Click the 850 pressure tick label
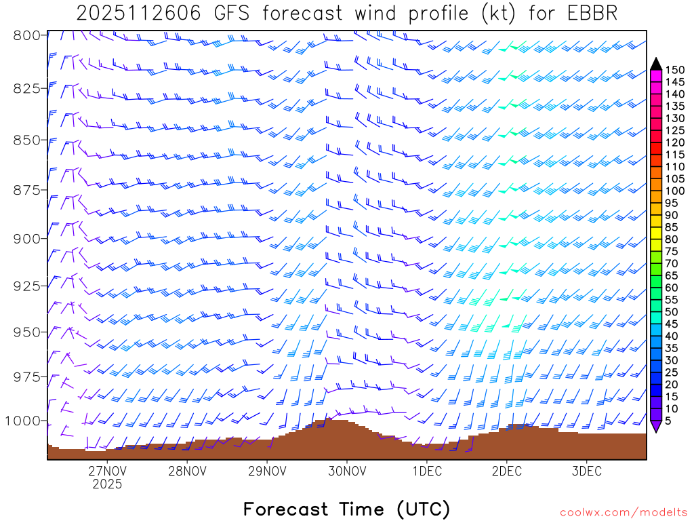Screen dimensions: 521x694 pos(28,140)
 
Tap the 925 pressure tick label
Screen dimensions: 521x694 pos(28,286)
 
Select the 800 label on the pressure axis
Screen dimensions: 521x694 pos(28,35)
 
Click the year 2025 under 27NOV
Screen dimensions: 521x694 pos(107,484)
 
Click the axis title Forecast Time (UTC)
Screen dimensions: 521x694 pos(346,509)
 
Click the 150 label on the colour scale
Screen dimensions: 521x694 pos(675,69)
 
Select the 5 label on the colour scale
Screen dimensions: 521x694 pos(669,421)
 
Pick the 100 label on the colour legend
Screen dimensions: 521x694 pos(675,191)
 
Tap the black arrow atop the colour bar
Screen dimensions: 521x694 pos(656,64)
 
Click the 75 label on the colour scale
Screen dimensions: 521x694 pos(672,251)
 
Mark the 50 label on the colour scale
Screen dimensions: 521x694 pos(672,311)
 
